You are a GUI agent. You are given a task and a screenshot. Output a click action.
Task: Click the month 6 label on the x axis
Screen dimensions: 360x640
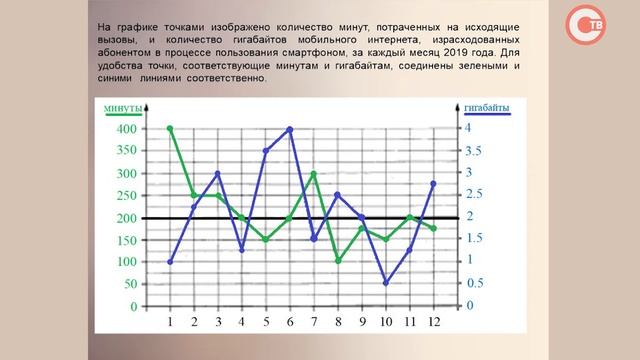(289, 322)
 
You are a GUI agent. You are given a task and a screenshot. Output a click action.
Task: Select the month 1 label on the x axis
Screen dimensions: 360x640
(170, 322)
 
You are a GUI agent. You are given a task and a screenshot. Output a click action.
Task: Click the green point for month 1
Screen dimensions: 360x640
(170, 128)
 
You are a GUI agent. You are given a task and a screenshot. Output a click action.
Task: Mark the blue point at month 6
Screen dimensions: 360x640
(289, 129)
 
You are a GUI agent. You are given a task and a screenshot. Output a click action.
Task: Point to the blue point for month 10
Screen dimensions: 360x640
(385, 283)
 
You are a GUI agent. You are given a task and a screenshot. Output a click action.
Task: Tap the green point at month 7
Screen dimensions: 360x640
(313, 173)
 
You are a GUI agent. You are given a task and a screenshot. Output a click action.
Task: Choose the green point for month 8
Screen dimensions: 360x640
(337, 261)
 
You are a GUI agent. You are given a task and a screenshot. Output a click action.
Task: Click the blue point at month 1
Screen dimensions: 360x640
(170, 261)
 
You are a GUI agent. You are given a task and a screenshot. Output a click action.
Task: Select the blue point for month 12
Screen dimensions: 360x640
(432, 184)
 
